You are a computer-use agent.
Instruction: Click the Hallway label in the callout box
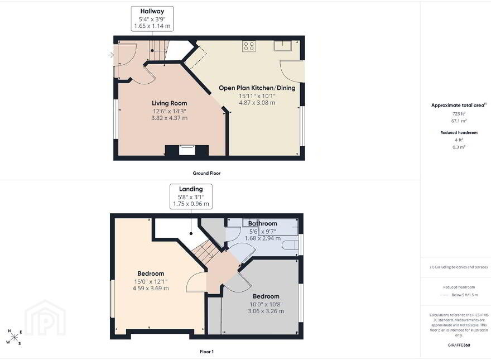coord(152,11)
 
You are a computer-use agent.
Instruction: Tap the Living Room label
coord(170,103)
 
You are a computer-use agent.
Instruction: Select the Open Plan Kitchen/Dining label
coord(257,88)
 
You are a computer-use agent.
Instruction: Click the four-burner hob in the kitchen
coord(249,46)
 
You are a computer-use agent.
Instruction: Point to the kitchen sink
coord(283,46)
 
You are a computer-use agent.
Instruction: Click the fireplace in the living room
coord(187,150)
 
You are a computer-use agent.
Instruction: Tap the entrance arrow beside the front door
coord(111,55)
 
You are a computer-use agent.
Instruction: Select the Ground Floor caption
coord(206,173)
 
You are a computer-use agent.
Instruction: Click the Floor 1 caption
coord(206,352)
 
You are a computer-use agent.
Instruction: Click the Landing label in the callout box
coord(191,189)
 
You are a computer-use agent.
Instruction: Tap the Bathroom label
coord(263,223)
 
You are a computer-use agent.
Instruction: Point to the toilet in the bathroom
coord(290,244)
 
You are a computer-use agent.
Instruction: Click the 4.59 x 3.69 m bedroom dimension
coord(151,288)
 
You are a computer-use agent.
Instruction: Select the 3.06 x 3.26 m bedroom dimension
coord(266,311)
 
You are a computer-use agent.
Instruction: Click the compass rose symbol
coord(14,337)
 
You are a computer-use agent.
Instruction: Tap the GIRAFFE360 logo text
coord(459,345)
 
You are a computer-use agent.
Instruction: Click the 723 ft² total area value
coord(459,114)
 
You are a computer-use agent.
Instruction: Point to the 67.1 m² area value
coord(459,121)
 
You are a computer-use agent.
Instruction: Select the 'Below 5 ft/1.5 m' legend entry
coord(465,295)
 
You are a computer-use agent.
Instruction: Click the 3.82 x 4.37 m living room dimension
coord(170,118)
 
